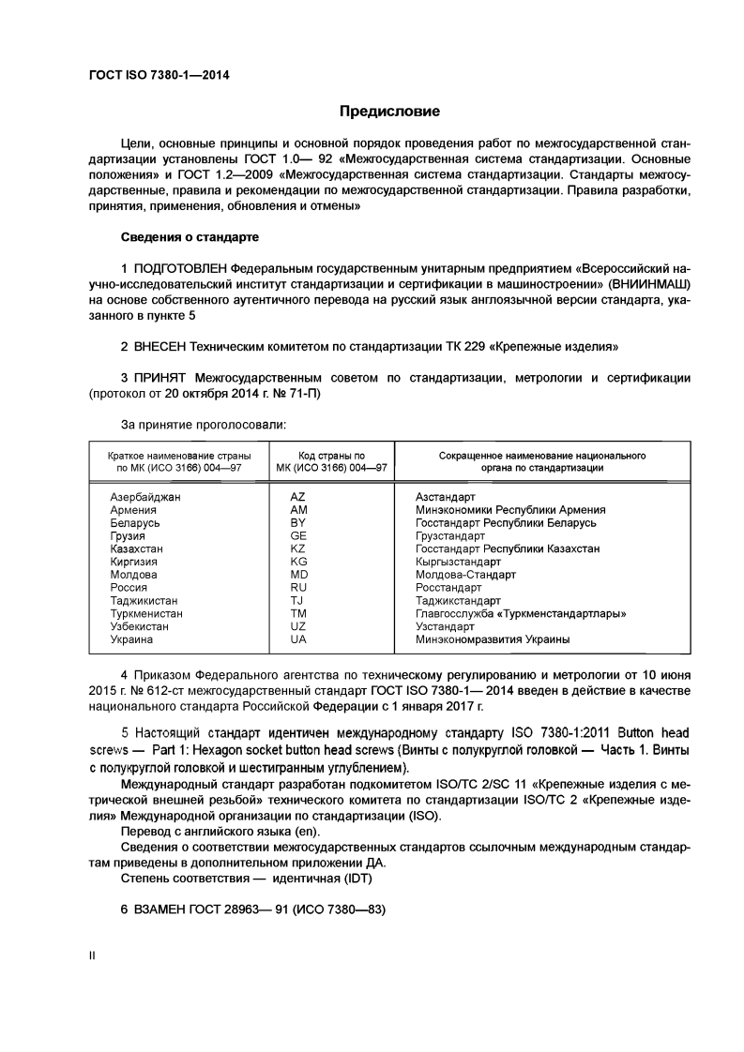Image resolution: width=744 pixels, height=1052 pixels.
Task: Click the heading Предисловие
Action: [389, 112]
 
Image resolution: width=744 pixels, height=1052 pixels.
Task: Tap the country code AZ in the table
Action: [298, 496]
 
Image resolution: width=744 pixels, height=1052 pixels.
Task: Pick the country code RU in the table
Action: [298, 588]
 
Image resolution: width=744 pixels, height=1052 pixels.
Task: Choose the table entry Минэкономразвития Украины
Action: [493, 640]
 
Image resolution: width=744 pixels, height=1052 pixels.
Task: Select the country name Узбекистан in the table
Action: [140, 627]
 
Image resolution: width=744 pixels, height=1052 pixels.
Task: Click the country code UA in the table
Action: [298, 640]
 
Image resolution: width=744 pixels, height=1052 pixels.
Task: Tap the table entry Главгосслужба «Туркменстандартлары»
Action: [521, 614]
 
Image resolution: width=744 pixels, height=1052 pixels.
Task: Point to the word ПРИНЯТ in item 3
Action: [159, 378]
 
